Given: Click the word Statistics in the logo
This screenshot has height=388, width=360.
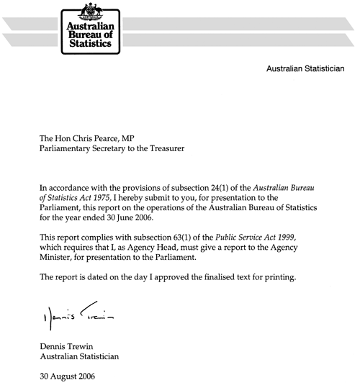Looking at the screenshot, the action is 89,44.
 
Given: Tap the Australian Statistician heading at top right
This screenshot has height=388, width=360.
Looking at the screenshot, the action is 305,70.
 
